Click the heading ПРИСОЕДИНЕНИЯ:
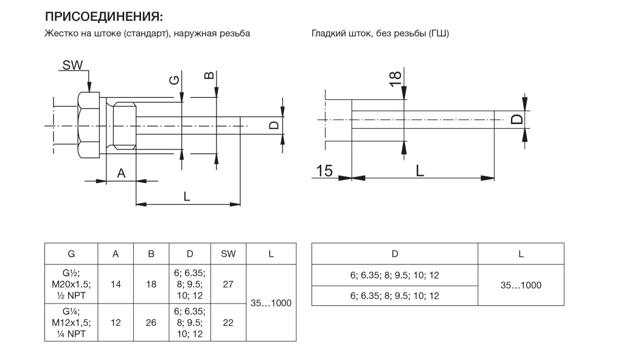pos(103,16)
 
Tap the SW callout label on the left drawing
pos(73,65)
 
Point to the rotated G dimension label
pos(175,80)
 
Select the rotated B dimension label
pos(209,75)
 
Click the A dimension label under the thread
pos(121,173)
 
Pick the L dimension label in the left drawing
pos(187,196)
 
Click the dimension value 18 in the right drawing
pos(395,80)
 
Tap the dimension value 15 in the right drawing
pos(324,171)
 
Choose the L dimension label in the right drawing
pos(420,171)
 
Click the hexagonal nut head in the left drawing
pos(89,125)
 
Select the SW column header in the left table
pos(228,254)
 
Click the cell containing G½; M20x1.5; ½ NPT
pos(72,284)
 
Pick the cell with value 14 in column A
pos(116,284)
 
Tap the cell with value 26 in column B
pos(151,323)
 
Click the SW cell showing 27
pos(228,284)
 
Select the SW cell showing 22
pos(228,323)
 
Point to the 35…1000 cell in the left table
pos(271,303)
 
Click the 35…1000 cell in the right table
pos(521,285)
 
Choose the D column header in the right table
pos(394,254)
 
